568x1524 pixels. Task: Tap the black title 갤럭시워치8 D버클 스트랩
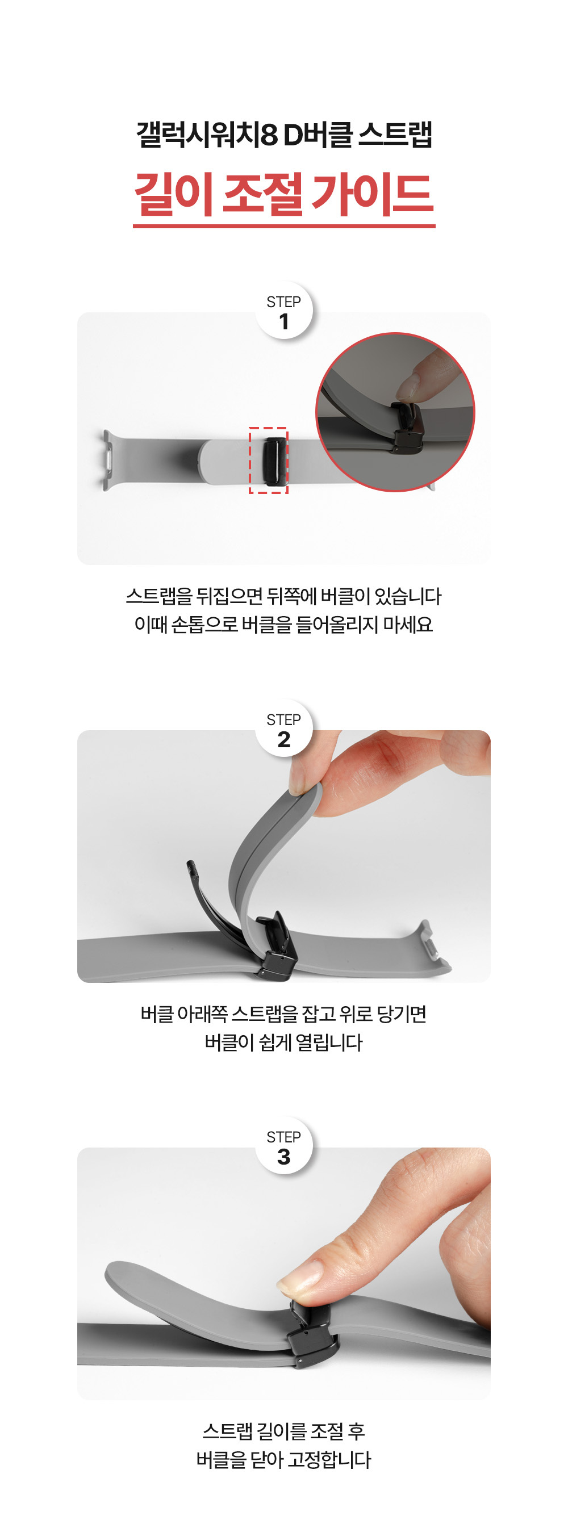(x=284, y=135)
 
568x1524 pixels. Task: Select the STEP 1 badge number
(x=284, y=321)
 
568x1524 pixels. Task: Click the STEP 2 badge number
(x=284, y=739)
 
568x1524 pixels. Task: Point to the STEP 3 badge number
(x=284, y=1156)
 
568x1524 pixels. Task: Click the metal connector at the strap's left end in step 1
(x=107, y=460)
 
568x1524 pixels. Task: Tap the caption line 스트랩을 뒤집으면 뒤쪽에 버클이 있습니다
(x=284, y=596)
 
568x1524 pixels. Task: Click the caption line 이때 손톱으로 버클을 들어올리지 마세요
(x=284, y=624)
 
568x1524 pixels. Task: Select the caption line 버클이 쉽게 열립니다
(x=284, y=1042)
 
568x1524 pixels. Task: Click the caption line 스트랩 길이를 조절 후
(x=284, y=1431)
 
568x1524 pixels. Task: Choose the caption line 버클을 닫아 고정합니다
(x=284, y=1459)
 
